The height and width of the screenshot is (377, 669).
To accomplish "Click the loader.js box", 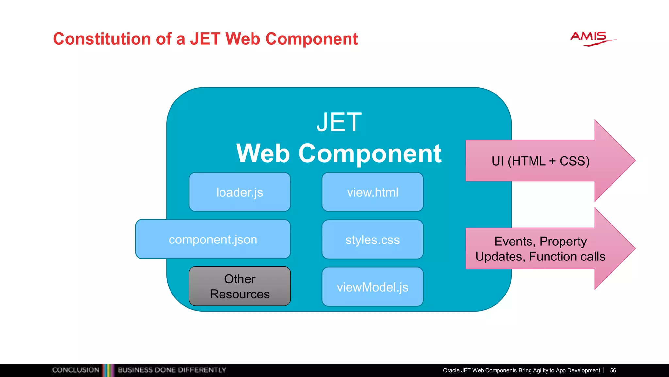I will click(240, 192).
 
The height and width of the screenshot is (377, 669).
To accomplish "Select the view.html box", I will click(372, 192).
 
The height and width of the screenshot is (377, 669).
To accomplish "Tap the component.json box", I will click(213, 240).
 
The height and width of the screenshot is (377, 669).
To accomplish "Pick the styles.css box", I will click(372, 240).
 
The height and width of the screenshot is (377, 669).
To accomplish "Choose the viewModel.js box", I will click(372, 287).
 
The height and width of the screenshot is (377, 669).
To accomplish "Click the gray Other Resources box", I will click(240, 286).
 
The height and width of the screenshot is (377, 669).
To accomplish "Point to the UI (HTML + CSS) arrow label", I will click(540, 161).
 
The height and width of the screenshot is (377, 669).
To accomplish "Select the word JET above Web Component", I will click(339, 122).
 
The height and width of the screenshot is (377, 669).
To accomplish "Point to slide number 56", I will click(613, 370).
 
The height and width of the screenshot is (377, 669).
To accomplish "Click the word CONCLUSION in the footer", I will click(75, 370).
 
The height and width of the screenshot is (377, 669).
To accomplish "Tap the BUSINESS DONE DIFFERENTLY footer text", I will click(172, 370).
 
